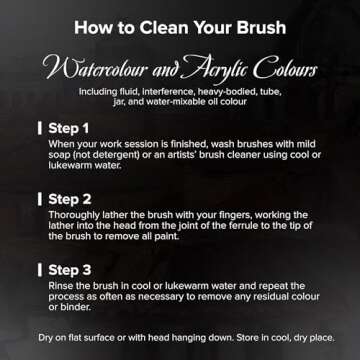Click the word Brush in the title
pyautogui.click(x=261, y=28)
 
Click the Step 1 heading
pyautogui.click(x=69, y=128)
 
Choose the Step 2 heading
pyautogui.click(x=70, y=199)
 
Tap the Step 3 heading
pyautogui.click(x=70, y=270)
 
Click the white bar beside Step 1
pyautogui.click(x=40, y=129)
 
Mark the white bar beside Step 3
pyautogui.click(x=40, y=270)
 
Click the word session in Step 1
pyautogui.click(x=145, y=144)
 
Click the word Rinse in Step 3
pyautogui.click(x=59, y=286)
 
